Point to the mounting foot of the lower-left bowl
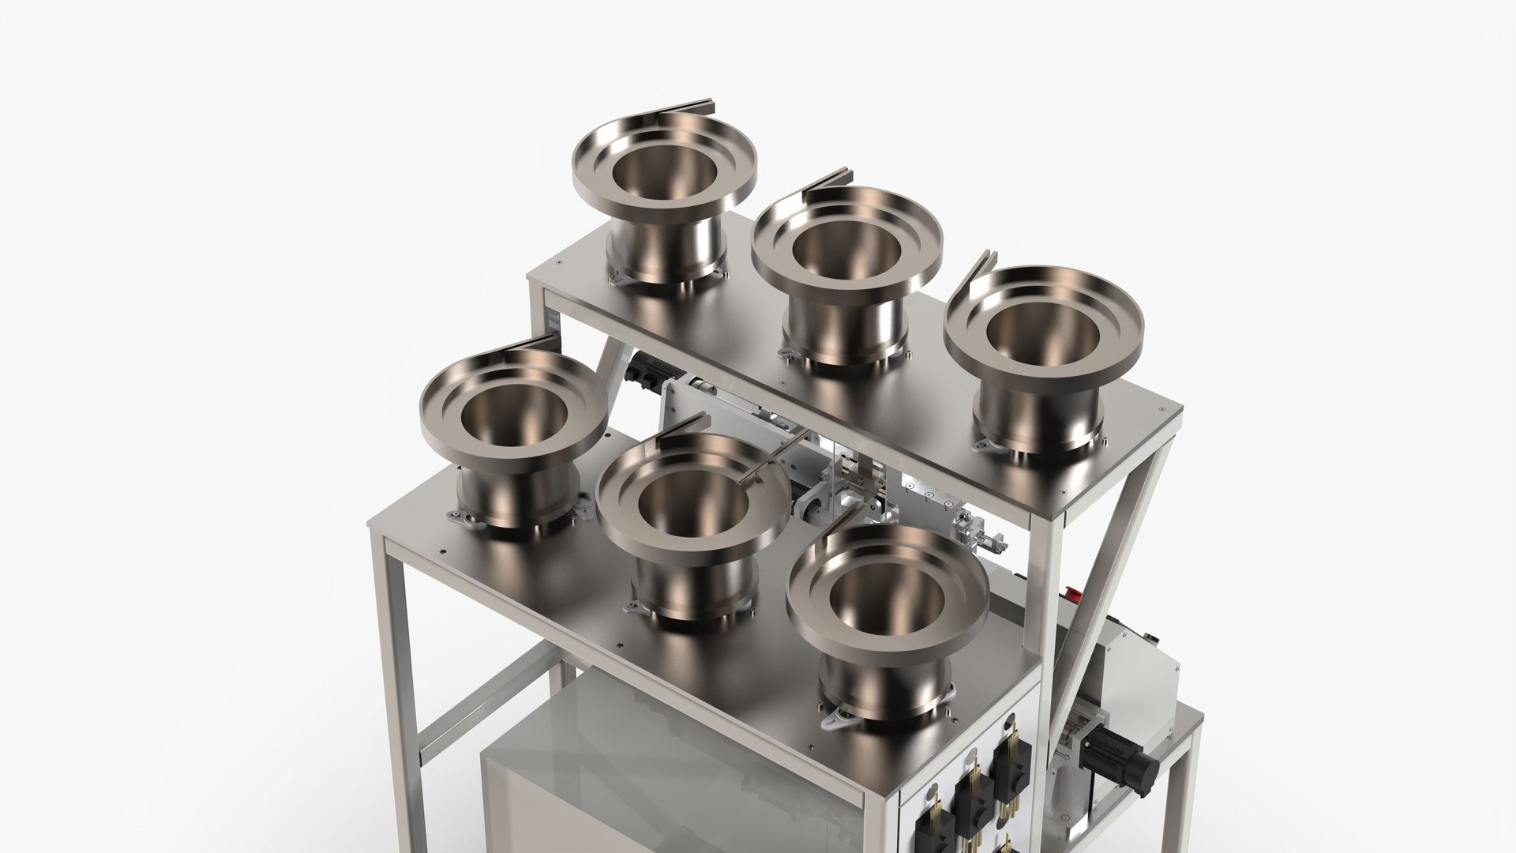click(x=466, y=517)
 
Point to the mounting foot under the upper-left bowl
click(x=621, y=277)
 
